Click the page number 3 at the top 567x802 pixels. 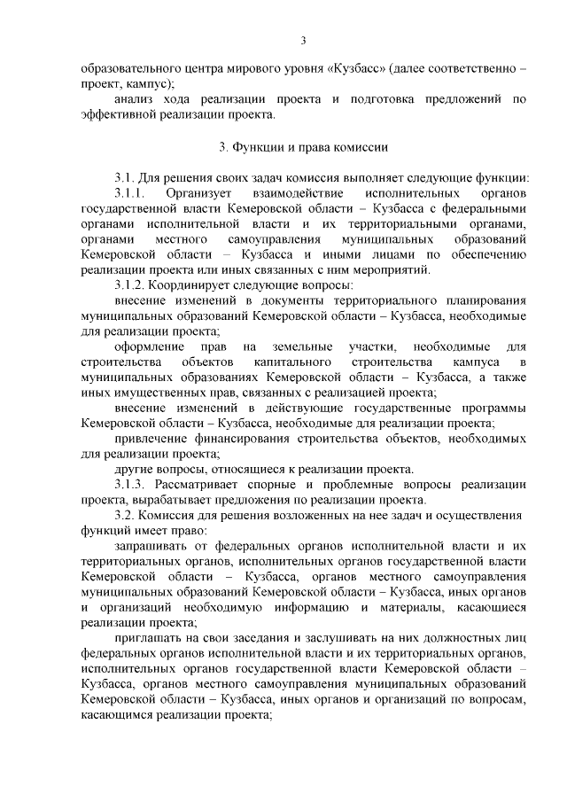(303, 40)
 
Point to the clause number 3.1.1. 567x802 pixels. (129, 192)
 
